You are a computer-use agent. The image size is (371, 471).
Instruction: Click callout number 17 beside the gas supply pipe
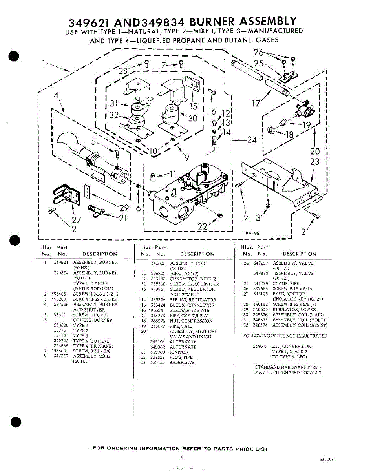[x=256, y=104]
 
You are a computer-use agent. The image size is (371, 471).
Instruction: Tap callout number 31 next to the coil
[x=114, y=104]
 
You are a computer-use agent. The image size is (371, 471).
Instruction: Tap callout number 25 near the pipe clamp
[x=259, y=63]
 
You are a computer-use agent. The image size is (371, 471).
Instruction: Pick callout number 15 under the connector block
[x=193, y=106]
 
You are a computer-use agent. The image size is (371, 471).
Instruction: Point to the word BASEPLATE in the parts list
[x=182, y=363]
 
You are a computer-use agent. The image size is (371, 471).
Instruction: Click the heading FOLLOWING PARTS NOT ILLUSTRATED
[x=285, y=336]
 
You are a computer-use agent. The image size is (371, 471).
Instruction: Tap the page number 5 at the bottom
[x=181, y=457]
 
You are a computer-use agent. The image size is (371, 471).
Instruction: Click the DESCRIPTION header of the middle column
[x=197, y=254]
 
